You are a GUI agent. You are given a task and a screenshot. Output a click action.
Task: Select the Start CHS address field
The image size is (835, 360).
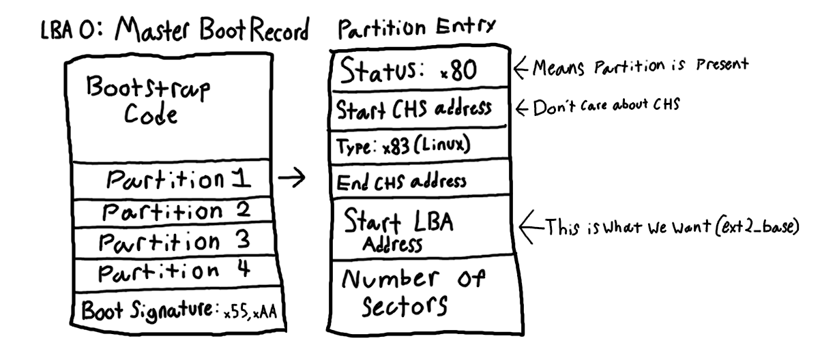point(415,110)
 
